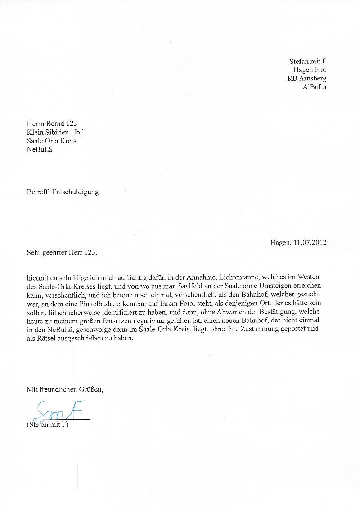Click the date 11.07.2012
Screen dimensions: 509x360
point(310,243)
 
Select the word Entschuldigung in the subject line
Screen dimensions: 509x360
point(75,192)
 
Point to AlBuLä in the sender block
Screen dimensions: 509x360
point(315,87)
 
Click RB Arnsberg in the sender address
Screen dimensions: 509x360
point(307,78)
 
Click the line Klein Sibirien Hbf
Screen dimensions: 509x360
point(54,132)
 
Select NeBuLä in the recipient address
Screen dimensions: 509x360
point(40,149)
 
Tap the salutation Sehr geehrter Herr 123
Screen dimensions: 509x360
point(62,252)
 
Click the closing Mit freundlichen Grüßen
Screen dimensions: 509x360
point(65,389)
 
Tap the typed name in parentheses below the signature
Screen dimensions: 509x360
point(47,424)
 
